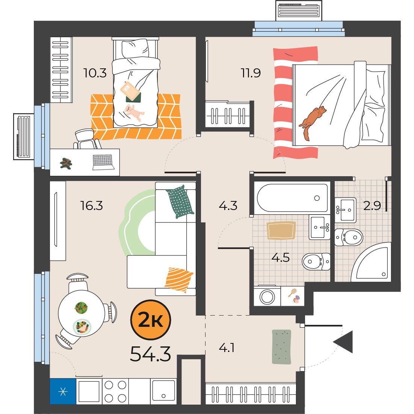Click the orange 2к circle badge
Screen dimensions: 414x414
(151, 320)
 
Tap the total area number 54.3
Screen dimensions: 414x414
(151, 354)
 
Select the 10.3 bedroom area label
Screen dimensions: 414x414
(95, 73)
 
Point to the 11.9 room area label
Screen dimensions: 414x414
(251, 73)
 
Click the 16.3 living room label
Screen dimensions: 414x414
(92, 205)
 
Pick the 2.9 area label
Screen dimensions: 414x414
(372, 205)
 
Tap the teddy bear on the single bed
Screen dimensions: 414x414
(134, 113)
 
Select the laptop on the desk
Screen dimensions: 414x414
(104, 162)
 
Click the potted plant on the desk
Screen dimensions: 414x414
(66, 163)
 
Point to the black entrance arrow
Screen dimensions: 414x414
(343, 341)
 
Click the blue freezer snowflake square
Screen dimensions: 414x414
(63, 391)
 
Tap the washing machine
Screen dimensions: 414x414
(267, 296)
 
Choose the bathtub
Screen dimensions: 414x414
(292, 198)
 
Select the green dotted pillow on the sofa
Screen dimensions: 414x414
(180, 202)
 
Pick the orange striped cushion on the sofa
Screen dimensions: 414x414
(179, 280)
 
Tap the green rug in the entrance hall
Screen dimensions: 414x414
(282, 347)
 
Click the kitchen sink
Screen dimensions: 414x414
(163, 391)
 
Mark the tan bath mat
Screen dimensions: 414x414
(281, 231)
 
